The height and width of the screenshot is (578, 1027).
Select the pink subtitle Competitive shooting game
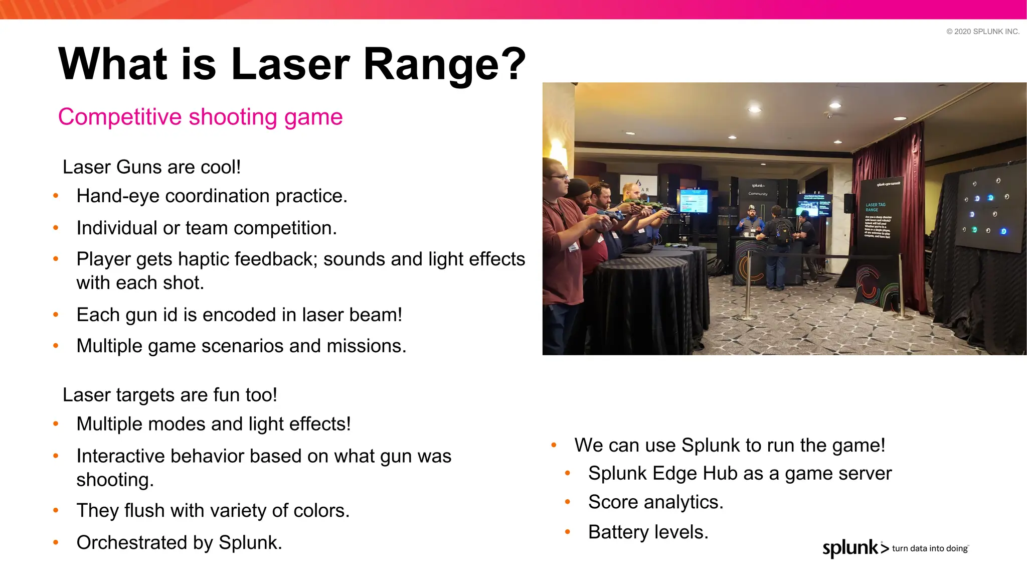coord(200,117)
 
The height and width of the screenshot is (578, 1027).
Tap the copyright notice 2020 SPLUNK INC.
coord(982,32)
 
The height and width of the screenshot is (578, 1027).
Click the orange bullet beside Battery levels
coord(568,532)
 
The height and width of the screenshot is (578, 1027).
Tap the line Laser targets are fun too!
coord(169,395)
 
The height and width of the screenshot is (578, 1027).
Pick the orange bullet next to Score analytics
coord(568,502)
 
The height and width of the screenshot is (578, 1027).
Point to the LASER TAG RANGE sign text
coord(875,207)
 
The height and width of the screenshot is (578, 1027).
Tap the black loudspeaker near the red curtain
coord(849,203)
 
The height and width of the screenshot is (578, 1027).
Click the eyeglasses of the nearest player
coord(560,177)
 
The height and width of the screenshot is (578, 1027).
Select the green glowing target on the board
coord(974,230)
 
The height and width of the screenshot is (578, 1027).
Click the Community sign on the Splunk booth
coord(758,194)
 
